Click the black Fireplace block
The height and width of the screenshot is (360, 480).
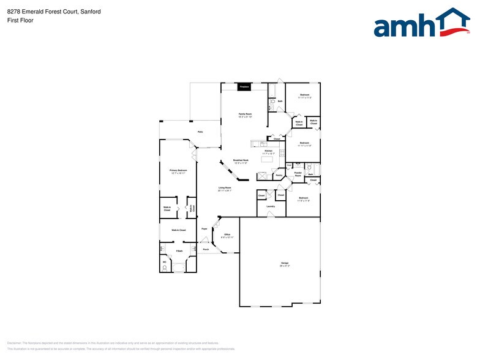click(x=244, y=87)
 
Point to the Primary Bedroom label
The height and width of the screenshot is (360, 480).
click(x=177, y=171)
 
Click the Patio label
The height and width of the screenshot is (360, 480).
click(x=200, y=132)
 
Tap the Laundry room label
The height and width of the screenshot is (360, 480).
click(x=270, y=206)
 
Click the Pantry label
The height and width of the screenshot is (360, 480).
click(x=279, y=176)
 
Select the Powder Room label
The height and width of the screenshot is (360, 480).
click(x=298, y=174)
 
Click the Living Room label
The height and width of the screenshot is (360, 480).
click(x=225, y=189)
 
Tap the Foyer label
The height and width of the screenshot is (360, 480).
click(x=204, y=228)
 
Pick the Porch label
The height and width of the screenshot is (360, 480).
click(x=206, y=249)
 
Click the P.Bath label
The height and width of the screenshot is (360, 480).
click(x=179, y=251)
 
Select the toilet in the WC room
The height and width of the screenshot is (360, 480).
click(x=165, y=268)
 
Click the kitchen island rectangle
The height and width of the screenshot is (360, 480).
click(x=267, y=159)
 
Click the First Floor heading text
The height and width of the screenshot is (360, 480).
click(x=21, y=20)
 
